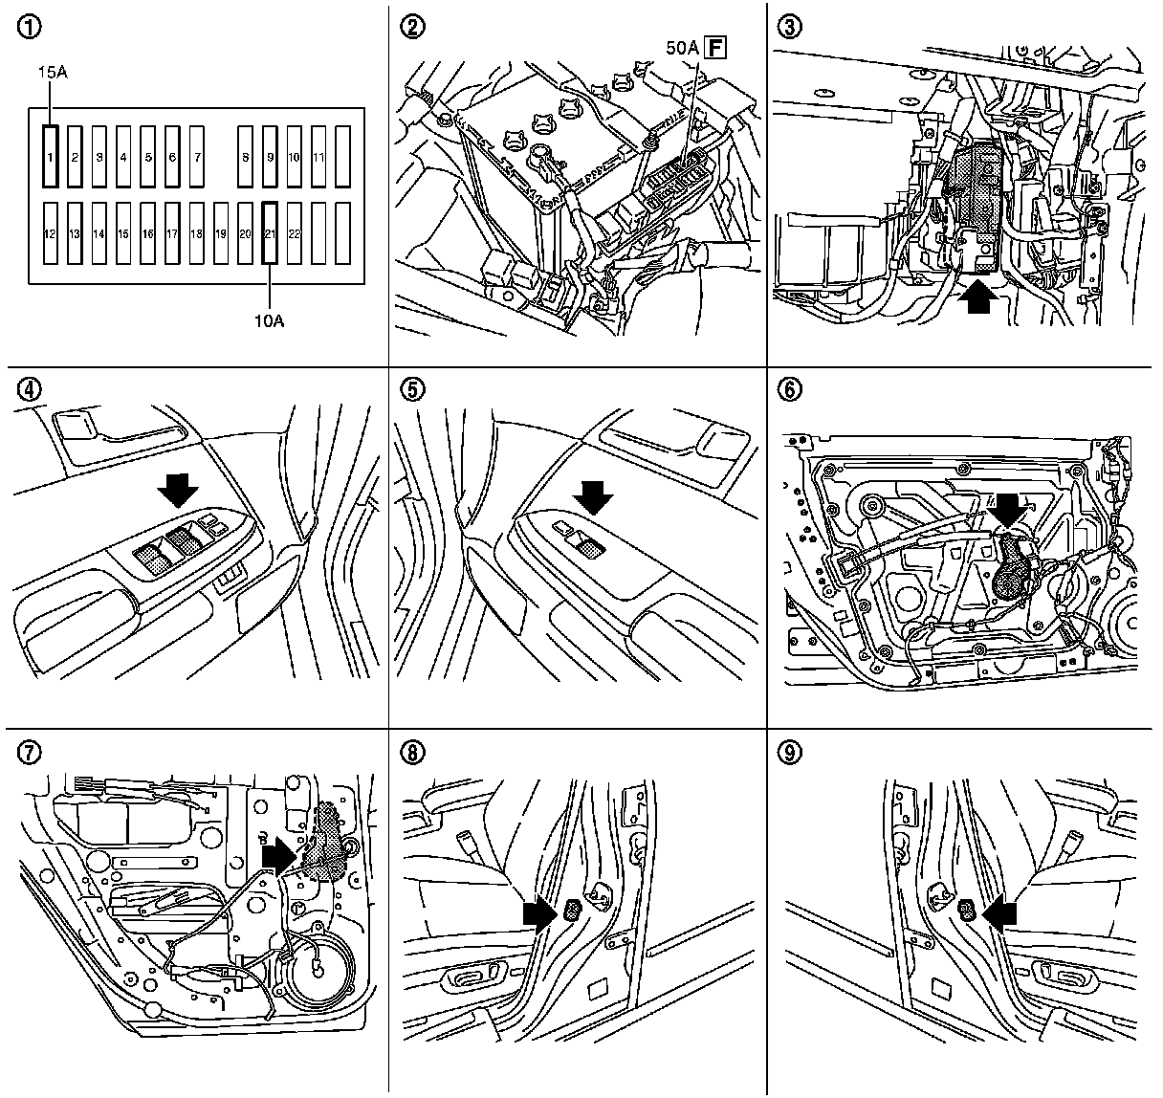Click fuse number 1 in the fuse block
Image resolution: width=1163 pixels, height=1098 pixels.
click(x=51, y=156)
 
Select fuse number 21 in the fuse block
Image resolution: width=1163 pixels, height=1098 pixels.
click(x=270, y=232)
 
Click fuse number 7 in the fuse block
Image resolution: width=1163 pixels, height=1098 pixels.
click(x=197, y=156)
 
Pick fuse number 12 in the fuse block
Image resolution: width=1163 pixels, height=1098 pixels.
click(x=51, y=232)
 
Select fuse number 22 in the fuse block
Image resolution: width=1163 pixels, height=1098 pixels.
click(x=295, y=232)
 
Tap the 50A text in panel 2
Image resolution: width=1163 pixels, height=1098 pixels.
click(x=682, y=45)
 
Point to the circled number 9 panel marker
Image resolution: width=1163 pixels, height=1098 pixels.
click(x=789, y=752)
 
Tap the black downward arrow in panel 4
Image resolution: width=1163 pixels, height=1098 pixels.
click(x=178, y=492)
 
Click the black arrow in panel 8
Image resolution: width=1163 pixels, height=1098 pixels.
click(x=538, y=913)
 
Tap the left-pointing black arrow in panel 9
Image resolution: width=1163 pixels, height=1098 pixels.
click(x=999, y=913)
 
